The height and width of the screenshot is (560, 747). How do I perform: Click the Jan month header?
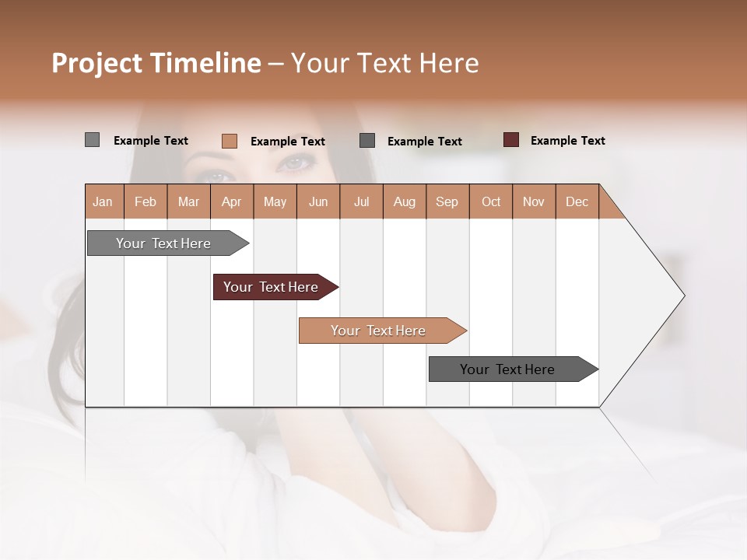(x=103, y=201)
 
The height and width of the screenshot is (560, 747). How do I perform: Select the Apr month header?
(x=231, y=201)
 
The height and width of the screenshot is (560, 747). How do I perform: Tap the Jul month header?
(x=361, y=201)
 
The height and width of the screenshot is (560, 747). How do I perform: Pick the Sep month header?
(x=447, y=201)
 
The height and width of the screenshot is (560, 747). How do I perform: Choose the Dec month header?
(x=577, y=201)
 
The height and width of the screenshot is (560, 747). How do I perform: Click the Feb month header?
(x=146, y=201)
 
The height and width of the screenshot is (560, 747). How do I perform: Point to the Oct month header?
(x=491, y=201)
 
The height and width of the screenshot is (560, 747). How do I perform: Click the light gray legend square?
(x=92, y=140)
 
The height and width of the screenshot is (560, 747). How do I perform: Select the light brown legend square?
(x=229, y=141)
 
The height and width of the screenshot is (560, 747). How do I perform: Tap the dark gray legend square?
(x=367, y=140)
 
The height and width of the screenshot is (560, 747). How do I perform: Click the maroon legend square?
(x=510, y=140)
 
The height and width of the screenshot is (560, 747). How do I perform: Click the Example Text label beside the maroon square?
(x=567, y=141)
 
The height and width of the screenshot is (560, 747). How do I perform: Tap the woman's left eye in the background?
(x=296, y=163)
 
